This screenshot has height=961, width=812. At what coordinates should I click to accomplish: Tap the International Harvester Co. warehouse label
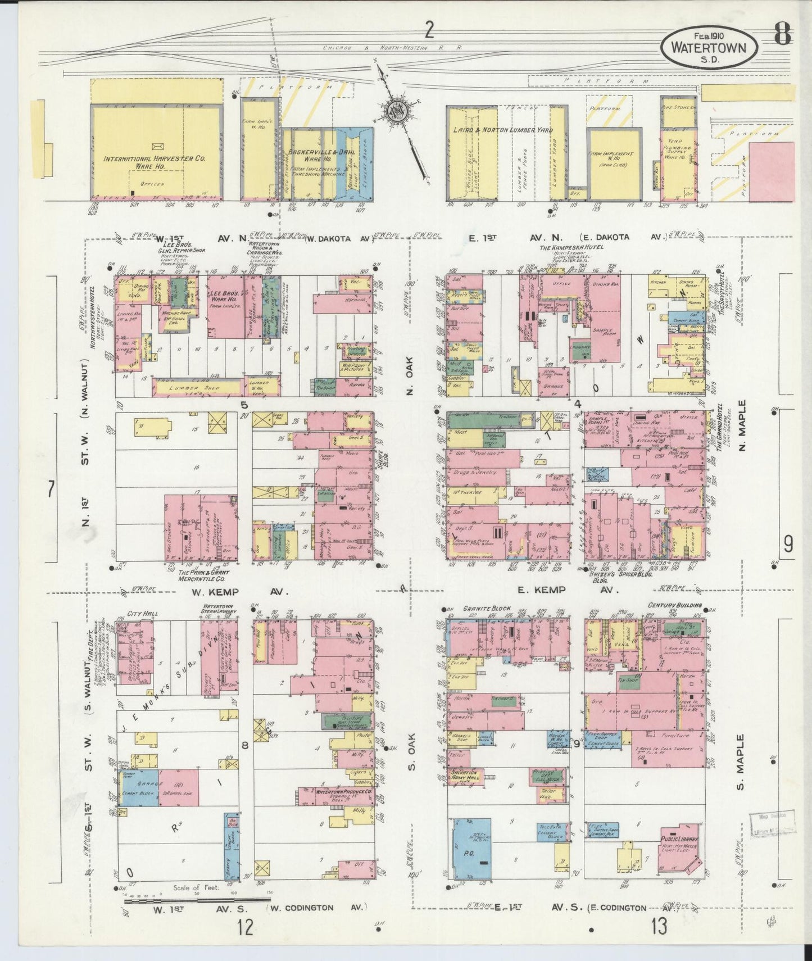click(155, 162)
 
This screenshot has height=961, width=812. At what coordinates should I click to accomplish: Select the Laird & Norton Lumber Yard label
click(503, 130)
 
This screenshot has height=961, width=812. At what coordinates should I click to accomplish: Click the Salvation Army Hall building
click(464, 776)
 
